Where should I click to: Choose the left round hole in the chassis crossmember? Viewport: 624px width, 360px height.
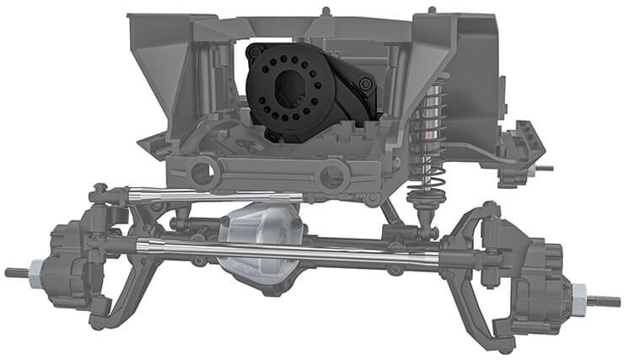[x=203, y=174]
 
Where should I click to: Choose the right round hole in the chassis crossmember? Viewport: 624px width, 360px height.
[x=333, y=175]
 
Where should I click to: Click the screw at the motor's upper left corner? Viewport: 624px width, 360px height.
[x=251, y=51]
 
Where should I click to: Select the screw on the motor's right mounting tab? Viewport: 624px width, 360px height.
[x=363, y=85]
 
